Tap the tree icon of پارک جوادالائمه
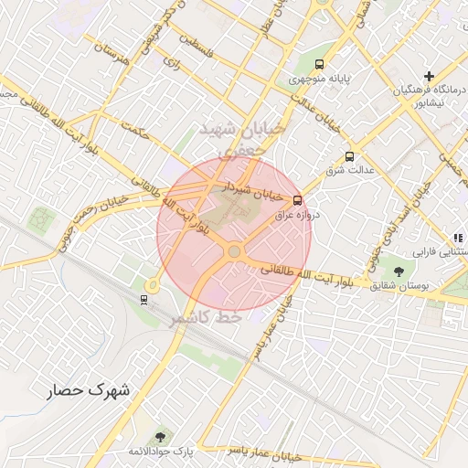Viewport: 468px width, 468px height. pyautogui.click(x=161, y=436)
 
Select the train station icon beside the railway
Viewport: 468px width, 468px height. pyautogui.click(x=144, y=298)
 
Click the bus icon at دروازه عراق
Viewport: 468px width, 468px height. pyautogui.click(x=297, y=200)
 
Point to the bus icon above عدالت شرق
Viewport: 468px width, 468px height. pyautogui.click(x=349, y=156)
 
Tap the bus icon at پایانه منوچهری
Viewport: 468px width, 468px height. pyautogui.click(x=319, y=64)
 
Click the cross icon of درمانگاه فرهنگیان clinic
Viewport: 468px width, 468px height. pyautogui.click(x=429, y=75)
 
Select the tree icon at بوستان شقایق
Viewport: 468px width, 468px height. pyautogui.click(x=398, y=271)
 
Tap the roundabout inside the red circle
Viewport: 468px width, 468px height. pyautogui.click(x=235, y=250)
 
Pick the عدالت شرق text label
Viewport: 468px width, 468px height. pyautogui.click(x=348, y=171)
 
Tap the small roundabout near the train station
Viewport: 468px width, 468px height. pyautogui.click(x=153, y=286)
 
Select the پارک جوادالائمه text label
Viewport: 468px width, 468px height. pyautogui.click(x=161, y=452)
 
